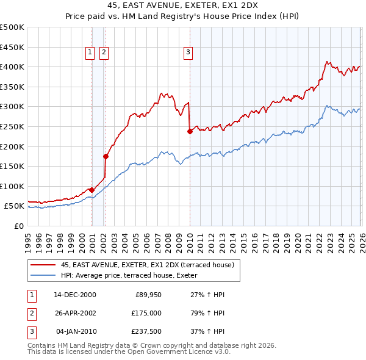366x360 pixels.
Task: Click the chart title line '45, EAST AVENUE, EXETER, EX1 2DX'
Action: (x=183, y=5)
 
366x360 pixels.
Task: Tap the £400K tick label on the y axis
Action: (x=12, y=67)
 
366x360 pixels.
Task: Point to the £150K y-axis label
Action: (x=12, y=166)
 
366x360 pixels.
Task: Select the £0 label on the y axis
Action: (x=18, y=226)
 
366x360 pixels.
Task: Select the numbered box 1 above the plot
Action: (x=90, y=53)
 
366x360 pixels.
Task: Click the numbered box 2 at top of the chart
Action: (x=104, y=53)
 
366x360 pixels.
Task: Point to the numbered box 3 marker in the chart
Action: (x=188, y=53)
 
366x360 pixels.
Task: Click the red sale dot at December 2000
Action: (x=91, y=190)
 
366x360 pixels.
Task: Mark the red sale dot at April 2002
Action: (x=106, y=156)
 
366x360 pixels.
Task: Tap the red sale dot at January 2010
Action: (x=190, y=131)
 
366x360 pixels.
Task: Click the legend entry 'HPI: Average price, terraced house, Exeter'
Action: (x=133, y=275)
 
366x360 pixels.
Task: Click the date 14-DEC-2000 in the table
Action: (x=75, y=294)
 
